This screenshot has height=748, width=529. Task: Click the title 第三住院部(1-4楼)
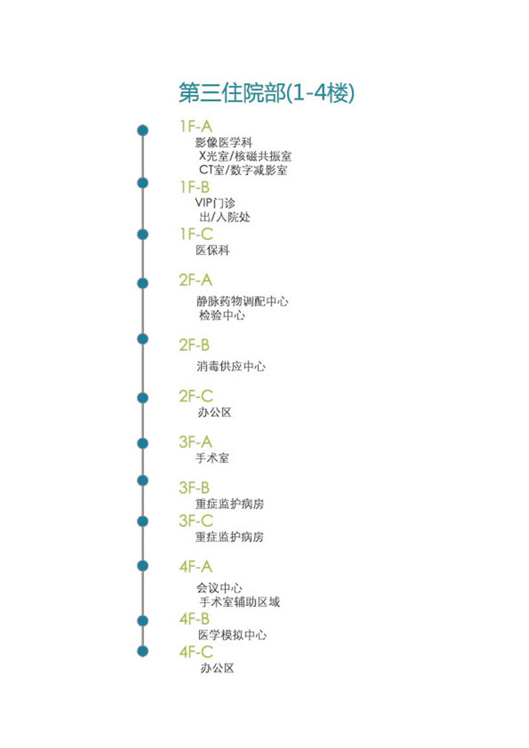266,93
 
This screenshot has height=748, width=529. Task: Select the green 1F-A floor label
196,126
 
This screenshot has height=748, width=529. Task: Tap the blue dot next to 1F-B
142,183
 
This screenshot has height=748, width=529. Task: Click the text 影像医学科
224,142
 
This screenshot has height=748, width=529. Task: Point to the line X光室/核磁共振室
245,156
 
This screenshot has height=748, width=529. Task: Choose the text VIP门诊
216,203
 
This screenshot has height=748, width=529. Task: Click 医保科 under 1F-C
212,250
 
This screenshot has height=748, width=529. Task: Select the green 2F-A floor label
195,280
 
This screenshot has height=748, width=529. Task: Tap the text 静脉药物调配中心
242,301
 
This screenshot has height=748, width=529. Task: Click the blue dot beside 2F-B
142,339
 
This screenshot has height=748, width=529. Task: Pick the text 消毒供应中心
231,366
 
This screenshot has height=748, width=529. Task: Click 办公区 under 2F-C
214,412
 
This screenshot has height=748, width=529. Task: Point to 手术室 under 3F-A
212,458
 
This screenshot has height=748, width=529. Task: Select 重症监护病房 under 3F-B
229,504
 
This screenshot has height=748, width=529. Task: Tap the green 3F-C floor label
196,521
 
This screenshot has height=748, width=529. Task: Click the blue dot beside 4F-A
142,566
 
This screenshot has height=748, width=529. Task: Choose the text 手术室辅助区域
239,602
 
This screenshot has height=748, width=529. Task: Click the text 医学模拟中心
233,635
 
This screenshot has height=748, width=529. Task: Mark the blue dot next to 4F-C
142,651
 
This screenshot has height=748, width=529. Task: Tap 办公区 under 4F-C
218,668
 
